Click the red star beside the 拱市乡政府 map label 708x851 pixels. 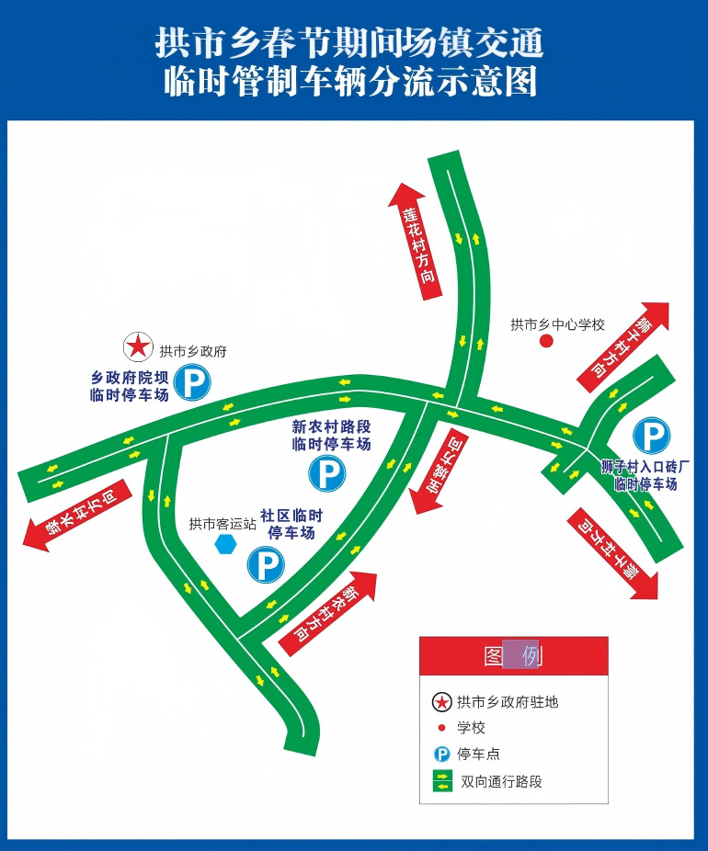pyautogui.click(x=138, y=347)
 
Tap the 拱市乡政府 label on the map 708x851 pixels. pyautogui.click(x=193, y=351)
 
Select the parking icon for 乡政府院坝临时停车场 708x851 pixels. pyautogui.click(x=193, y=382)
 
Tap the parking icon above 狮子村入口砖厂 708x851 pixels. pyautogui.click(x=652, y=437)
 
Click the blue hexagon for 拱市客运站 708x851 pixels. pyautogui.click(x=225, y=544)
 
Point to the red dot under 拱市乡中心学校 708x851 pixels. pyautogui.click(x=546, y=342)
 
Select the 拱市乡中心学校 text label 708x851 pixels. pyautogui.click(x=558, y=324)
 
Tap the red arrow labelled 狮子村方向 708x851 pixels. pyautogui.click(x=623, y=347)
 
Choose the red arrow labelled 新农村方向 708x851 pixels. pyautogui.click(x=328, y=613)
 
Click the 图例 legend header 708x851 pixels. pyautogui.click(x=513, y=656)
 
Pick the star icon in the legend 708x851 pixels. pyautogui.click(x=442, y=703)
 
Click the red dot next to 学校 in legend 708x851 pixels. pyautogui.click(x=442, y=728)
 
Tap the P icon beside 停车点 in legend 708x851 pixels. pyautogui.click(x=442, y=755)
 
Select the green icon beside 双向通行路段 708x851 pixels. pyautogui.click(x=442, y=782)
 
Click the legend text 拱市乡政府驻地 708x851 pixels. pyautogui.click(x=508, y=703)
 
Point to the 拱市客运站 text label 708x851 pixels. pyautogui.click(x=223, y=525)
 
